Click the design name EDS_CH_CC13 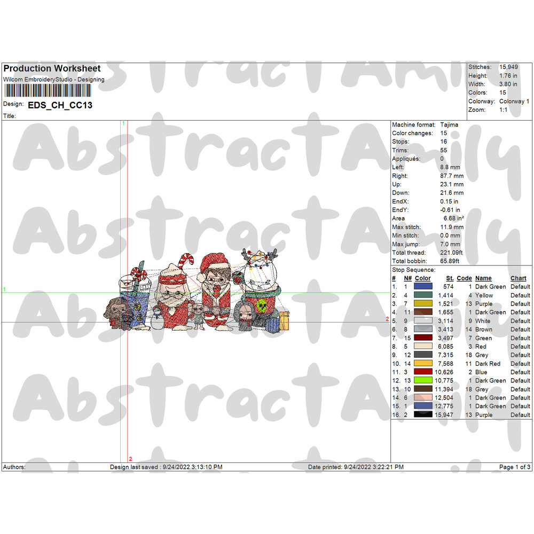pos(60,105)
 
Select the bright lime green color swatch pos(423,381)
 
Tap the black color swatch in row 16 pos(423,415)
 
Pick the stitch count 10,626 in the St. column pos(445,372)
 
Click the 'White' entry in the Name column pos(483,321)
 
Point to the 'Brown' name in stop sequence pos(484,329)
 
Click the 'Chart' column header pos(518,278)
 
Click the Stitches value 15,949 pos(508,67)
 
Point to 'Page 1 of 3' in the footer pos(515,467)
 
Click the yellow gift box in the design pos(284,320)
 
